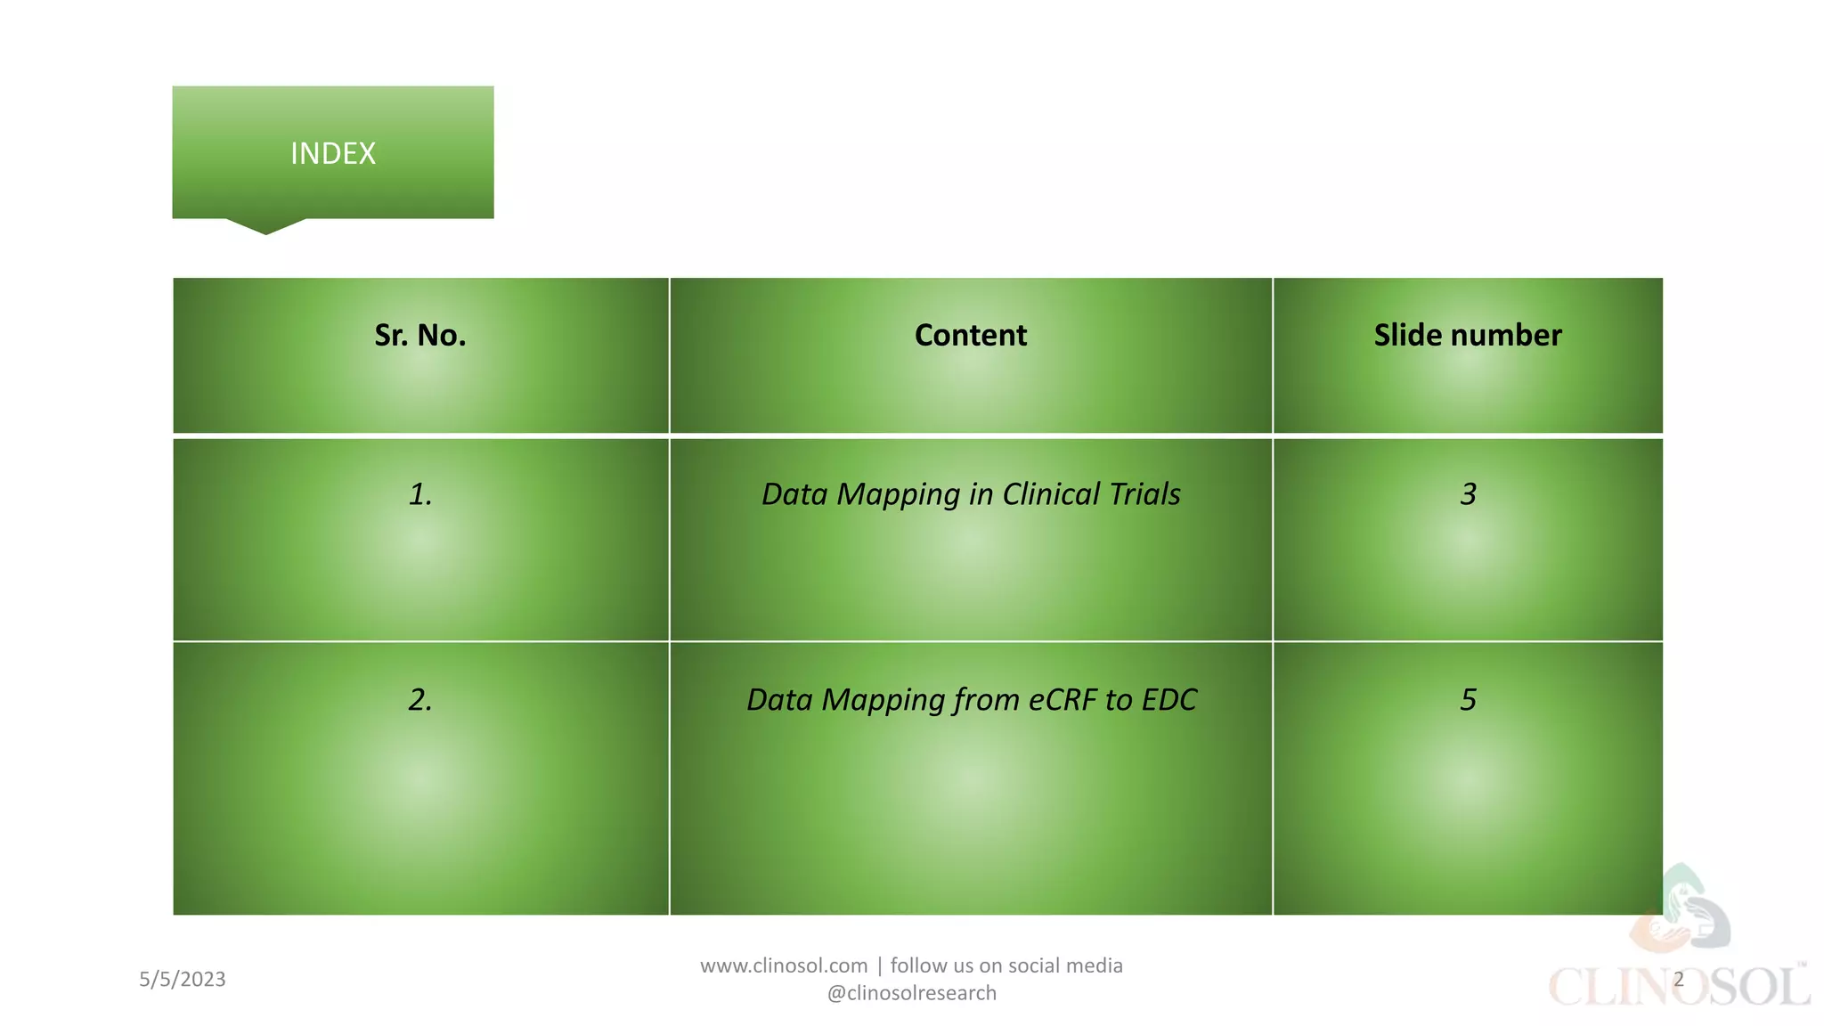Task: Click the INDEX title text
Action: coord(333,153)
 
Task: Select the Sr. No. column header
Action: coord(420,335)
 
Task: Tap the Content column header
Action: coord(971,335)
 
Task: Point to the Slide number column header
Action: coord(1468,335)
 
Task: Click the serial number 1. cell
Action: coord(420,494)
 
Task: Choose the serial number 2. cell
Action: coord(420,700)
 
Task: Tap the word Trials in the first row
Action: coord(1144,494)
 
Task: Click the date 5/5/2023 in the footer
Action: coord(183,980)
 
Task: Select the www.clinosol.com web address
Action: coord(784,965)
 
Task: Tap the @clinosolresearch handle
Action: coord(912,993)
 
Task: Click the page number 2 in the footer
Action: coord(1678,980)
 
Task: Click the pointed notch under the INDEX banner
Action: coord(265,226)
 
